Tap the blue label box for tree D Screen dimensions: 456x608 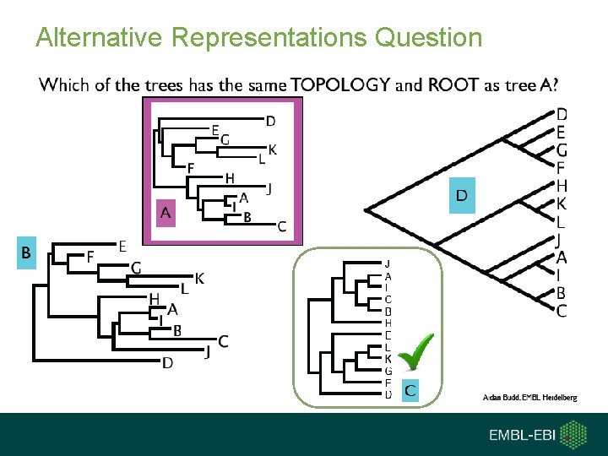click(462, 195)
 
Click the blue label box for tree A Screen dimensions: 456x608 click(166, 213)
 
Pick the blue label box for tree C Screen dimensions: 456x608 click(409, 389)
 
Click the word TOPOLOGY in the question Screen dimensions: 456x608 click(341, 84)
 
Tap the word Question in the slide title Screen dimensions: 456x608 click(428, 37)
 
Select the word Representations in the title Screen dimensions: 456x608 click(269, 37)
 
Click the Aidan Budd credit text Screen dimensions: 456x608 click(529, 397)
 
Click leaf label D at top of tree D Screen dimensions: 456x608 click(562, 114)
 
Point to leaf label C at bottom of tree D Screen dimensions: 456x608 click(562, 312)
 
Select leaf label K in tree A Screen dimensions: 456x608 click(273, 149)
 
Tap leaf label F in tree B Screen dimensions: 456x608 click(91, 258)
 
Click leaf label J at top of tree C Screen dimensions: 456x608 click(388, 263)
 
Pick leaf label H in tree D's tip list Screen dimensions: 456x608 click(562, 186)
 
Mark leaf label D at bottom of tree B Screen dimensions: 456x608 click(167, 364)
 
